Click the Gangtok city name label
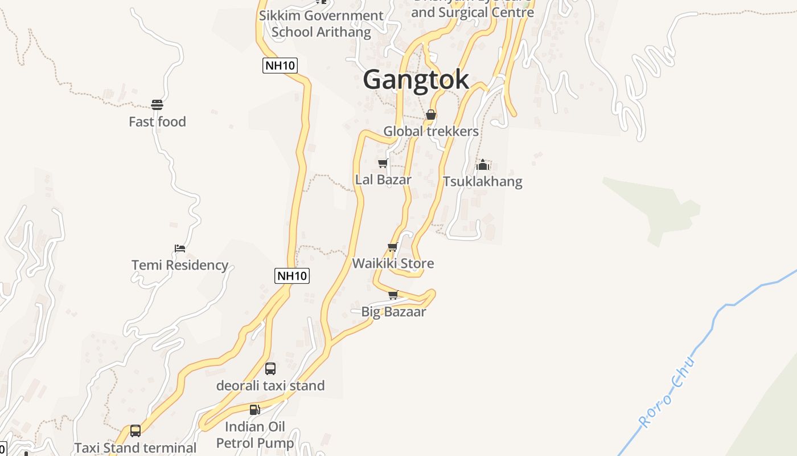416,79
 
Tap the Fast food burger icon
157,105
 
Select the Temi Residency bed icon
180,249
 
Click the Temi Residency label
180,265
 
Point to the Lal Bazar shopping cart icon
383,164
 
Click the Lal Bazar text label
383,180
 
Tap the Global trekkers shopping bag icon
431,115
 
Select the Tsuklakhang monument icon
483,165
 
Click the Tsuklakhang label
483,182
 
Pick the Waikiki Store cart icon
392,247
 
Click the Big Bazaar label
393,312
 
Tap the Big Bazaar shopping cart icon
393,295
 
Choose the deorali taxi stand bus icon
270,369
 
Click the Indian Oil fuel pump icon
254,410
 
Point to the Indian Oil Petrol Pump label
255,435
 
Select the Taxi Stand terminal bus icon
135,431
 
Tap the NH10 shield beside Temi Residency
292,276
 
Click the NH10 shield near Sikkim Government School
280,66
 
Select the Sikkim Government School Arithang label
321,23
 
